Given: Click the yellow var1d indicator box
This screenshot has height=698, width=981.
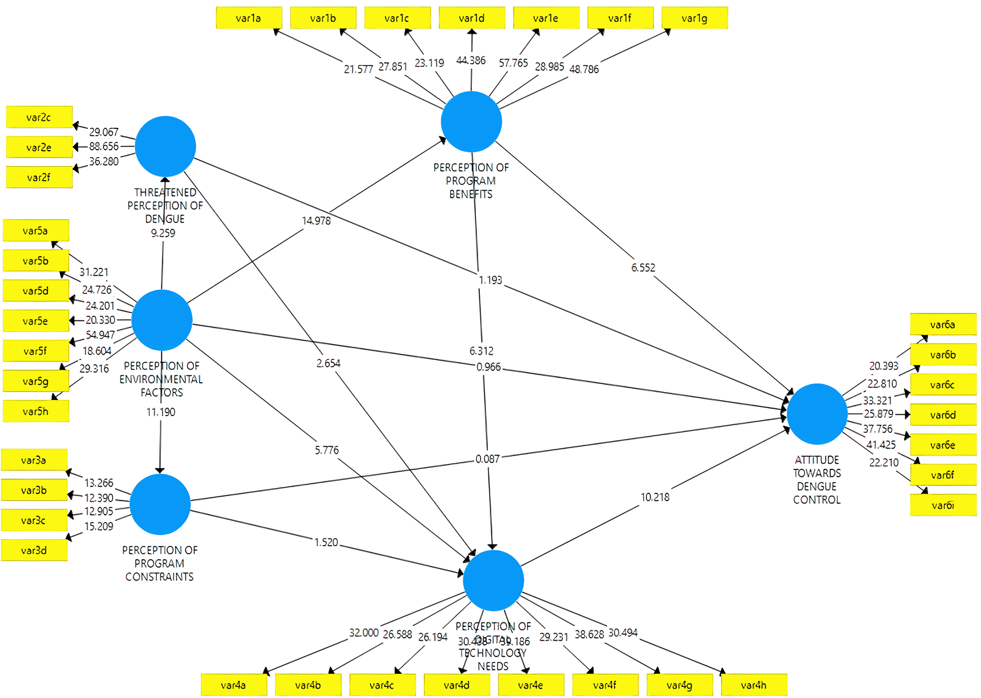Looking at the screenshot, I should pos(472,18).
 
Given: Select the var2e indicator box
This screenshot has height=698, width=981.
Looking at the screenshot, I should pos(39,147).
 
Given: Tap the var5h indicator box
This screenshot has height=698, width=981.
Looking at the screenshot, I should pos(36,411).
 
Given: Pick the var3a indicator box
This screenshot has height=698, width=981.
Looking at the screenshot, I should pos(34,460).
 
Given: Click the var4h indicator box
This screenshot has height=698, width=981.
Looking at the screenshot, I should pos(754,685).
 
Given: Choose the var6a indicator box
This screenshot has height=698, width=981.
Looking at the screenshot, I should pos(943,324).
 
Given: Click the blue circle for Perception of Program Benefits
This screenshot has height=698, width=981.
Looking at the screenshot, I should pos(471,121).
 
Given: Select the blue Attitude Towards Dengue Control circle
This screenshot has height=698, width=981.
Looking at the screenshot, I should pos(817,414).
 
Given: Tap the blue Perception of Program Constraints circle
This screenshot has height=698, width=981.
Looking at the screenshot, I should pos(160,504).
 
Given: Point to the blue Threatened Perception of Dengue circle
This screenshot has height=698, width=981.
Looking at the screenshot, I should pos(166,146).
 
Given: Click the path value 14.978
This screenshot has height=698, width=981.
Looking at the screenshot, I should pos(316,221).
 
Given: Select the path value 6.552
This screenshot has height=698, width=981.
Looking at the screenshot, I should pos(643,268).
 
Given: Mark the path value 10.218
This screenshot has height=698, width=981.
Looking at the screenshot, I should pos(655,497).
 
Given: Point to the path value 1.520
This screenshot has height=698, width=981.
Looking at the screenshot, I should pos(326,542).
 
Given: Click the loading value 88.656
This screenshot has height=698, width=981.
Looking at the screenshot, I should pos(104,147).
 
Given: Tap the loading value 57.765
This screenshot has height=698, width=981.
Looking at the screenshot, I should pos(513,63).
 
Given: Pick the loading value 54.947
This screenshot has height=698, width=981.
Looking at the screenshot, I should pos(100,335).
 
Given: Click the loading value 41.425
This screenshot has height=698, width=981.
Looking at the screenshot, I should pos(881,445).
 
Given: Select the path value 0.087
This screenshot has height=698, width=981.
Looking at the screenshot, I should pos(487,459).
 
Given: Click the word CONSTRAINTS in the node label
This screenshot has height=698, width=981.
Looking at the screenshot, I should pos(159,577).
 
